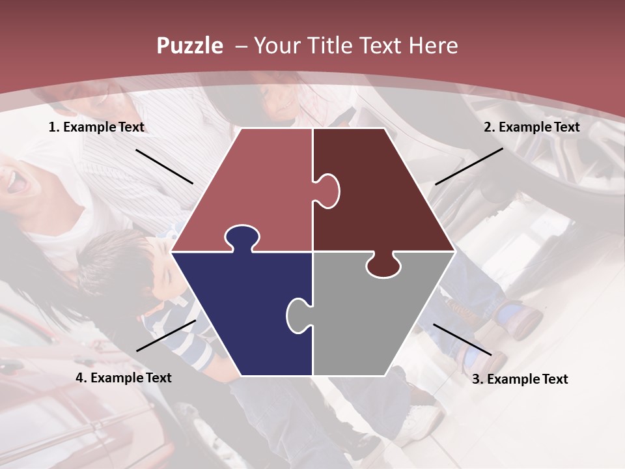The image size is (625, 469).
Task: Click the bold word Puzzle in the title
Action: pyautogui.click(x=189, y=46)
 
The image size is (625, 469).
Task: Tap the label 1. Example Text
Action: pyautogui.click(x=96, y=128)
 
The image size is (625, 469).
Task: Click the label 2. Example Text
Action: pyautogui.click(x=531, y=128)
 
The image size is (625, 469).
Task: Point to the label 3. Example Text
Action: pyautogui.click(x=520, y=379)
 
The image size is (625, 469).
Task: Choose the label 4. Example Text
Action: pyautogui.click(x=124, y=378)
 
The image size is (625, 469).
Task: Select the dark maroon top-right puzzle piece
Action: pyautogui.click(x=384, y=195)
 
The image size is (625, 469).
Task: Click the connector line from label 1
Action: pyautogui.click(x=164, y=166)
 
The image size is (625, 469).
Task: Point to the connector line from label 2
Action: pyautogui.click(x=469, y=166)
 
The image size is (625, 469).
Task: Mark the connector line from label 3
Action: pyautogui.click(x=462, y=339)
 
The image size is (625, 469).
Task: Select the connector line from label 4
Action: pyautogui.click(x=166, y=335)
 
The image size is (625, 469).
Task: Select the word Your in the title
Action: pyautogui.click(x=277, y=46)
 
